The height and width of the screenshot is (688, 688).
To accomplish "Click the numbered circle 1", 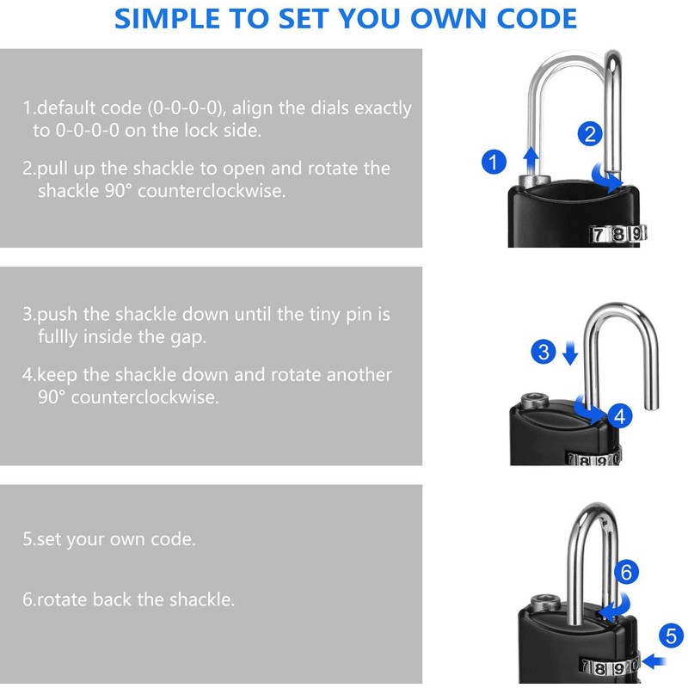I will point(493,161).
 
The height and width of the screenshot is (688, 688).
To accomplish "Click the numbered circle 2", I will point(589,133).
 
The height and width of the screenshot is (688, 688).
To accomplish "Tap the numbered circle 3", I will point(543,351).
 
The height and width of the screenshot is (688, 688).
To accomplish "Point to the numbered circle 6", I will point(627,571).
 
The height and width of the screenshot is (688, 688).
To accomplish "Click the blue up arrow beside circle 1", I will point(531,160).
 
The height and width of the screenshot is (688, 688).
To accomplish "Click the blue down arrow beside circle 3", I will point(568,353).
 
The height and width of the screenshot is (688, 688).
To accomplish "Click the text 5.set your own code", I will point(109,540).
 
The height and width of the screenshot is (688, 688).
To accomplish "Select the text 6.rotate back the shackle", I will point(128,599).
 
